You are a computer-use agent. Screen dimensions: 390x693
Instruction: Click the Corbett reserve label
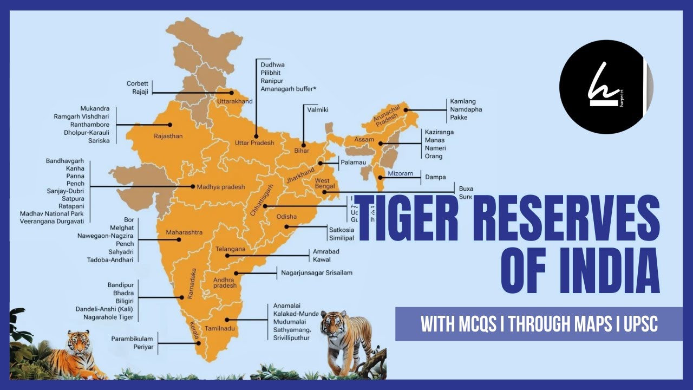coord(137,83)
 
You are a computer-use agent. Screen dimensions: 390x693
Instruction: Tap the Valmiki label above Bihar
coord(318,109)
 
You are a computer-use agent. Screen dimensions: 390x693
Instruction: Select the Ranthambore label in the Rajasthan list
coord(90,124)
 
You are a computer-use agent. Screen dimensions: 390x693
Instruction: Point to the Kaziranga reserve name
coord(439,132)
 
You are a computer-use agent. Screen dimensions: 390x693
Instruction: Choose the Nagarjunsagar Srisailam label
coord(317,272)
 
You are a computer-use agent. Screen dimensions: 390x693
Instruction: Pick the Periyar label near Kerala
coord(143,347)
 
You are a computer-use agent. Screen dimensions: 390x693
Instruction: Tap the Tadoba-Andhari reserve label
coord(110,259)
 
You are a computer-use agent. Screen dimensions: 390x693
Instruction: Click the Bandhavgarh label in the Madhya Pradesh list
coord(68,161)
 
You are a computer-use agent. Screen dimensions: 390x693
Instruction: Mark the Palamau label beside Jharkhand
coord(355,162)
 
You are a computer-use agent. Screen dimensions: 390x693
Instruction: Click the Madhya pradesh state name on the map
coord(221,187)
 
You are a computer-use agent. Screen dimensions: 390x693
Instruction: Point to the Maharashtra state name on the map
coord(184,232)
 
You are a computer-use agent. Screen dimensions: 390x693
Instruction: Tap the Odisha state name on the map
coord(286,216)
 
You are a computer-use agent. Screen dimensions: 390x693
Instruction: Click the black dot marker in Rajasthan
coord(169,124)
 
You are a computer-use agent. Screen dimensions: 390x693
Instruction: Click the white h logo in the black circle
coord(601,88)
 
